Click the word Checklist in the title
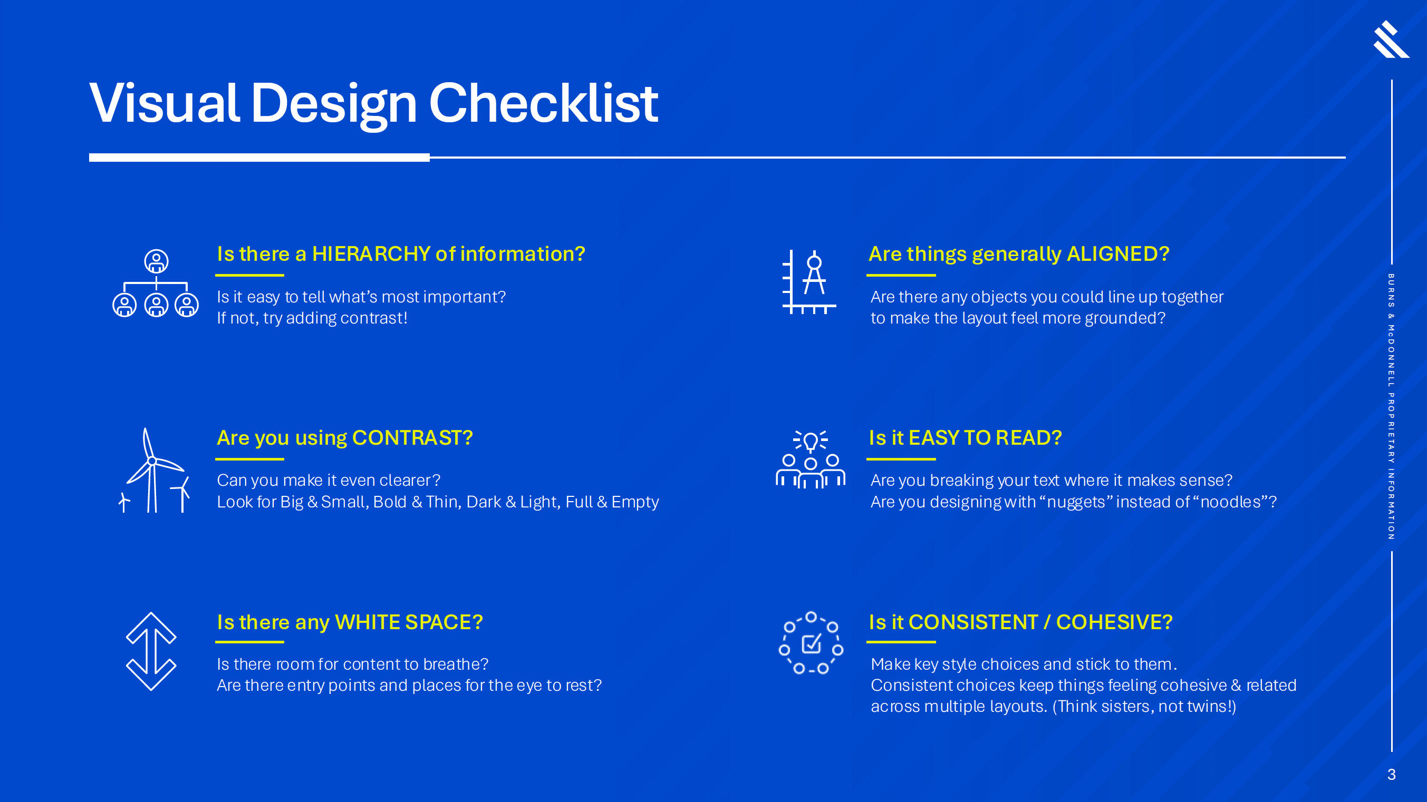click(x=544, y=103)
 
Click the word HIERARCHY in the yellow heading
click(x=371, y=254)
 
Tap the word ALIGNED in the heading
click(x=1118, y=254)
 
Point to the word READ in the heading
click(x=1029, y=438)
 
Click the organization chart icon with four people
click(x=156, y=283)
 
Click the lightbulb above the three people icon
click(x=811, y=442)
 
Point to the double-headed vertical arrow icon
click(x=151, y=651)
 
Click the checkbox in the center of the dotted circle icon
click(x=812, y=644)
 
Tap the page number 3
click(x=1391, y=774)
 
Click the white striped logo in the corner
click(x=1391, y=40)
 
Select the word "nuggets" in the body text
click(x=1076, y=502)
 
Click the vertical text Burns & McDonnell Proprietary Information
click(x=1391, y=407)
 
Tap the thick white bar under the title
click(x=259, y=158)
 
